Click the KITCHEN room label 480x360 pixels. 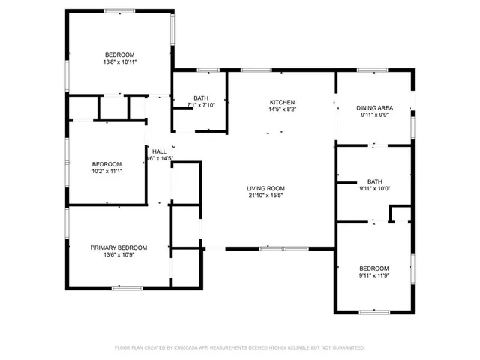click(282, 102)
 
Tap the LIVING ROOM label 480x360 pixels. click(266, 188)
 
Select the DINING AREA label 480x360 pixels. click(374, 108)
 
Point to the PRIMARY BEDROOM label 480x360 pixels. click(118, 247)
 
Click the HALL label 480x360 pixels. click(159, 151)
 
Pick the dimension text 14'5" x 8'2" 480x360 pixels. click(282, 109)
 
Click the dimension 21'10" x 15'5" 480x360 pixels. click(266, 196)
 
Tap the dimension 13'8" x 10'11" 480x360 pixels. click(119, 62)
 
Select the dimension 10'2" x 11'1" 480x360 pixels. click(106, 172)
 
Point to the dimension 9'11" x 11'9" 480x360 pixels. click(373, 276)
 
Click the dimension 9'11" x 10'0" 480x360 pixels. click(374, 189)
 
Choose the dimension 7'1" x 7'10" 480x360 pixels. click(201, 105)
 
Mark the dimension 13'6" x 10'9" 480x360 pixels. click(118, 255)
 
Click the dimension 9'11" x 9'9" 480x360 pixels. click(374, 115)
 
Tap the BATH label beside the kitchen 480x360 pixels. click(201, 97)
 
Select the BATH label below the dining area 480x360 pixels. click(374, 181)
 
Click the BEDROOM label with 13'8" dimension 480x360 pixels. click(119, 55)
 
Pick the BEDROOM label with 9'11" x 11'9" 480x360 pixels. click(373, 268)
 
